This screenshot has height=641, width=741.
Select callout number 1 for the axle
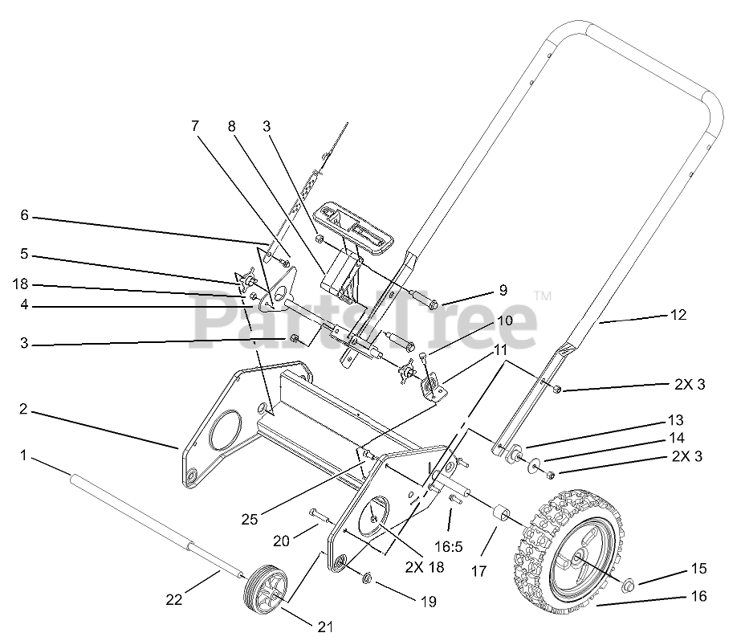click(x=25, y=455)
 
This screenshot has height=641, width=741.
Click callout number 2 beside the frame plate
click(x=25, y=409)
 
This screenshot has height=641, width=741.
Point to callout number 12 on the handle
click(x=678, y=315)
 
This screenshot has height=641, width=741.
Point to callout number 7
click(x=193, y=126)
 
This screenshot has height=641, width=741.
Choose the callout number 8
click(x=231, y=126)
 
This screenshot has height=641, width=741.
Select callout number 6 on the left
click(x=25, y=215)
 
